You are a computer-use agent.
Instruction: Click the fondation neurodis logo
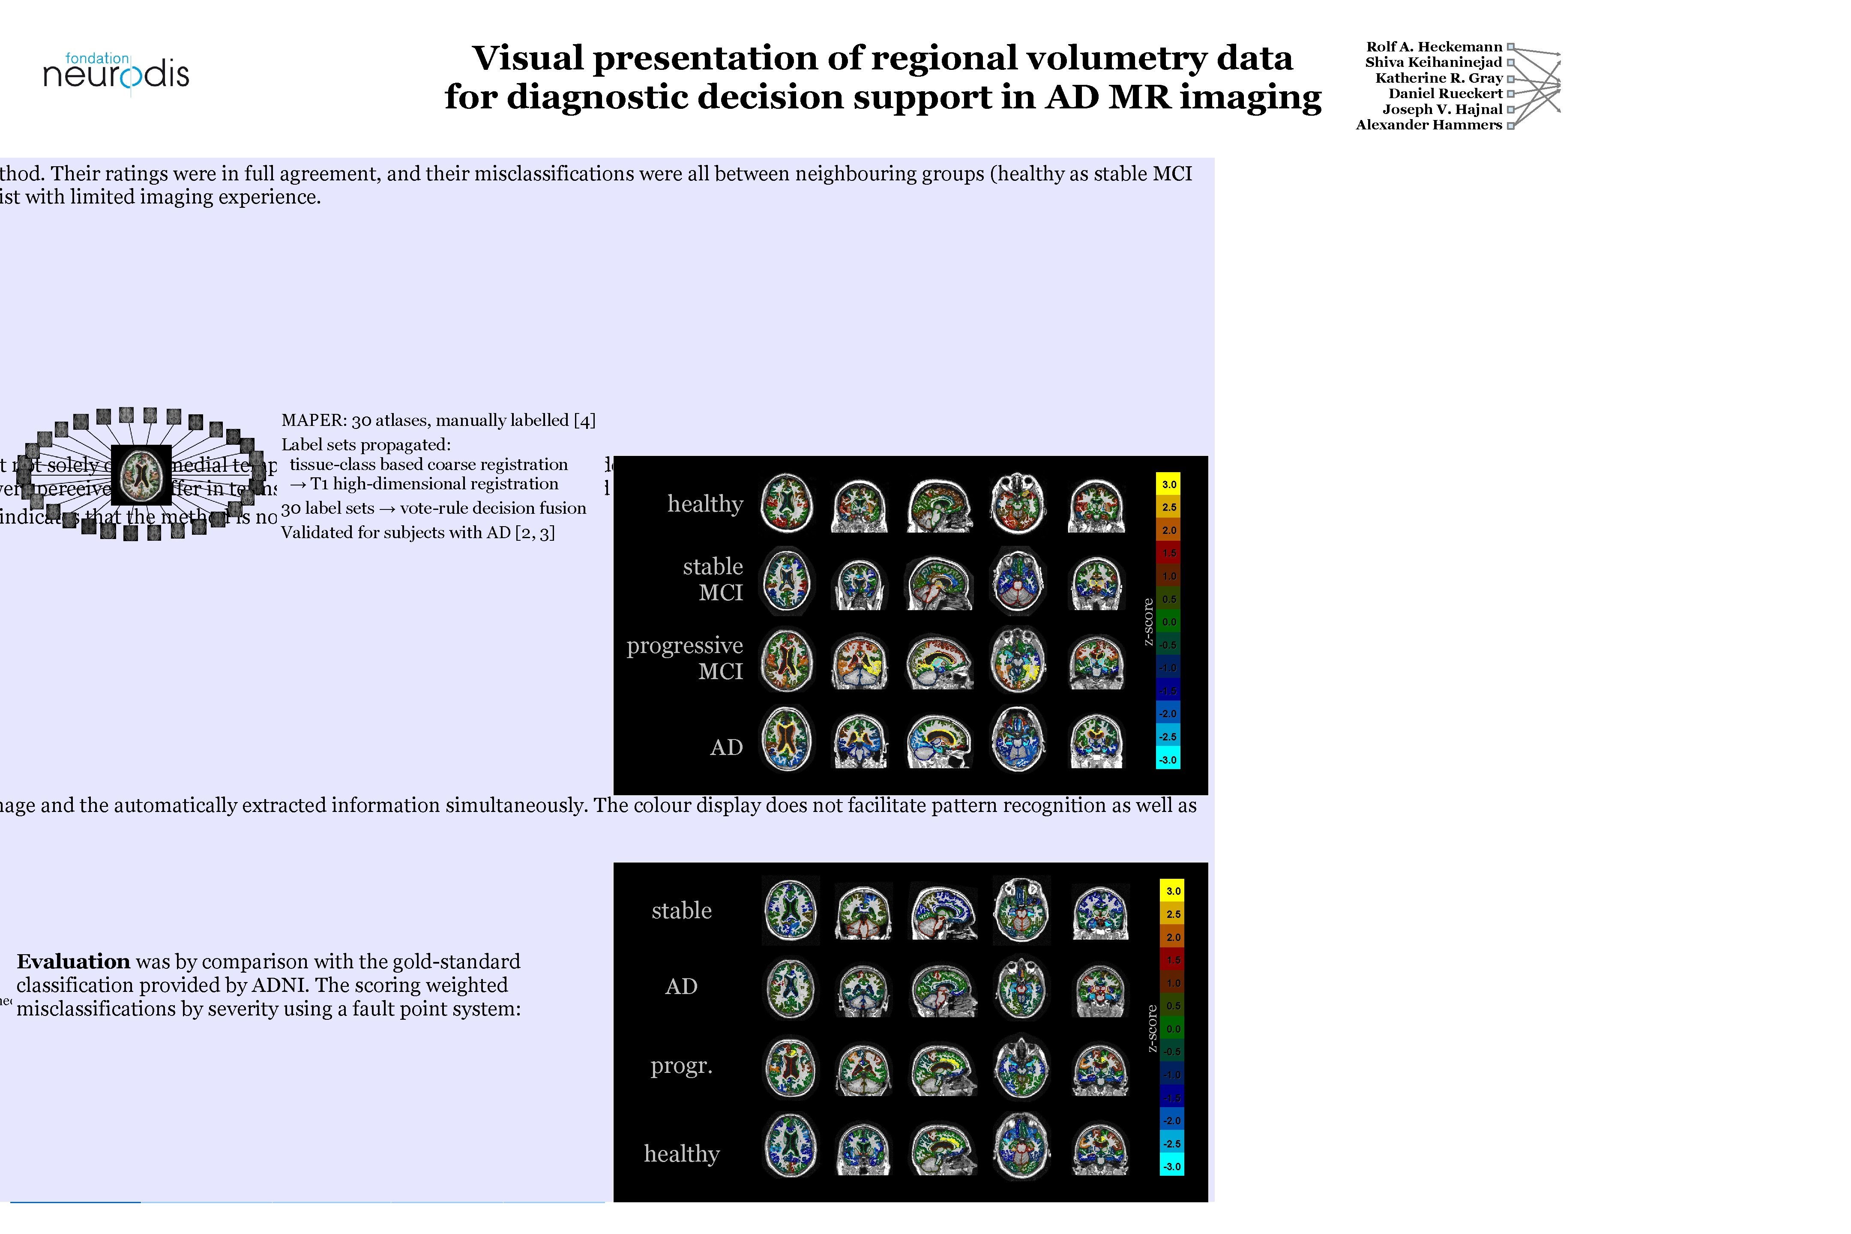117,72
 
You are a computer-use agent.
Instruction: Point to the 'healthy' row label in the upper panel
705,504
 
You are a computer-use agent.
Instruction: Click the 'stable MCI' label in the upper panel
713,579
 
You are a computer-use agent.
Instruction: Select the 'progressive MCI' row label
685,658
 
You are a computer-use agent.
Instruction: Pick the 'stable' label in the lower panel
682,911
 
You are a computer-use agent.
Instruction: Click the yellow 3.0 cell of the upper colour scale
1169,484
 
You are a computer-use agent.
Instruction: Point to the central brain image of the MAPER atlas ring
142,475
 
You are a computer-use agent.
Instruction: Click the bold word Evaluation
73,961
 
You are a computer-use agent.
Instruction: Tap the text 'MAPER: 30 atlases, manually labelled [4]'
438,420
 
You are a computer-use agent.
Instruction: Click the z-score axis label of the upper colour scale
1148,622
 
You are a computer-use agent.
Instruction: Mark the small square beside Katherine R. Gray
1510,78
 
